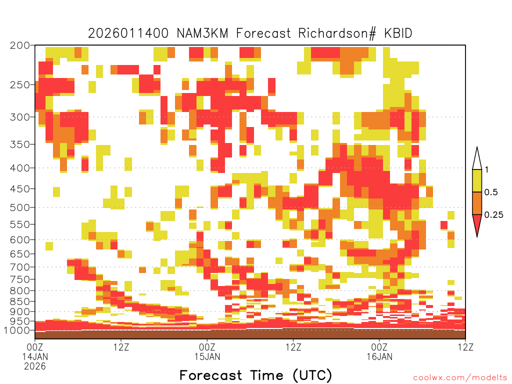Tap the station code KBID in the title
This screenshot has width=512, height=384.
point(398,33)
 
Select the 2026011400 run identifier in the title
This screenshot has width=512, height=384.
point(128,33)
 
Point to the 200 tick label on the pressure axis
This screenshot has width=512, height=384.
point(19,45)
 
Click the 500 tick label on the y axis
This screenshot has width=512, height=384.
point(19,207)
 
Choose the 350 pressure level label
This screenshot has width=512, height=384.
point(19,144)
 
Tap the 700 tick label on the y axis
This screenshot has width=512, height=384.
point(19,267)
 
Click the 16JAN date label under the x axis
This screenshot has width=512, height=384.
point(379,356)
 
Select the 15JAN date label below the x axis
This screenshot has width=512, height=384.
point(207,356)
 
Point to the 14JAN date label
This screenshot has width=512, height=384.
point(35,356)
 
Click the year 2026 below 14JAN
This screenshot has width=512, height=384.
point(35,366)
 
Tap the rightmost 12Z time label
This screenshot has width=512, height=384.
point(465,347)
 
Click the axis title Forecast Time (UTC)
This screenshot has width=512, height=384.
point(255,375)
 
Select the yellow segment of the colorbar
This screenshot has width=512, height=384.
point(477,180)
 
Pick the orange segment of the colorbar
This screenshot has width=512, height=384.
point(477,203)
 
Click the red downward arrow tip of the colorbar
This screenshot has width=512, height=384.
point(477,236)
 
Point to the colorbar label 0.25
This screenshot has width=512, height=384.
point(493,215)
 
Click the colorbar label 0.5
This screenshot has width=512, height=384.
point(491,192)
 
